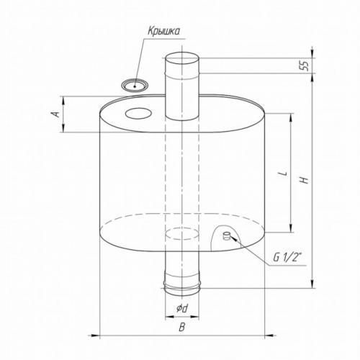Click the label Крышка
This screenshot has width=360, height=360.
(163, 32)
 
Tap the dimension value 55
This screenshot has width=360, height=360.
(304, 66)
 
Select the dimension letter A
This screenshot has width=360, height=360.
(55, 114)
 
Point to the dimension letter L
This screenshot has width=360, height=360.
(284, 173)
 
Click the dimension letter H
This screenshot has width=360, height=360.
(305, 180)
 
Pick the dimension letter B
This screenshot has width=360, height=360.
(182, 327)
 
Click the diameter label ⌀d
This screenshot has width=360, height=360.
(182, 309)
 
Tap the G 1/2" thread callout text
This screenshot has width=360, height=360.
(287, 258)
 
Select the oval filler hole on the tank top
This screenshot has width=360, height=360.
(138, 113)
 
